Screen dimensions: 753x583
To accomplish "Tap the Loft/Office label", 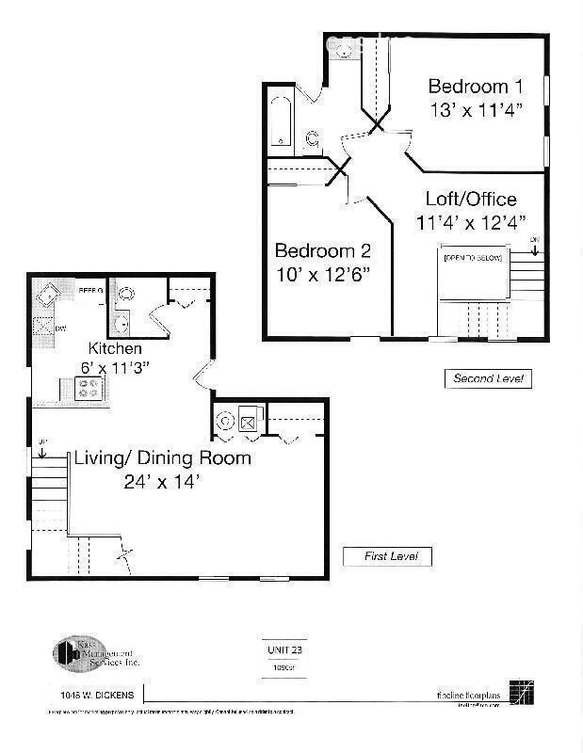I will point(471,199).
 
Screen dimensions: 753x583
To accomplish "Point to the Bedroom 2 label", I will point(322,251).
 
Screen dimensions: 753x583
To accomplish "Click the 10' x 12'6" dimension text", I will point(322,274).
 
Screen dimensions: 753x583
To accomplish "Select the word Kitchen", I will point(115,348).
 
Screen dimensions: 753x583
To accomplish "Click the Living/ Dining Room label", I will point(163,458).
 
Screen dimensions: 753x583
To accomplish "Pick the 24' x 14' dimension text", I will point(162,482).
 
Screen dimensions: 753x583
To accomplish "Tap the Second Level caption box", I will point(488,378).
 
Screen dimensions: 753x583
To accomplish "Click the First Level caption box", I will point(386,556).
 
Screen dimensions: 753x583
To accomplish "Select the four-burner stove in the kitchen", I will point(89,387).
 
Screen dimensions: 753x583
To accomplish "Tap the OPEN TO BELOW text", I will point(473,257).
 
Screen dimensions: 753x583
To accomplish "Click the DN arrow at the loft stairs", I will point(534,247).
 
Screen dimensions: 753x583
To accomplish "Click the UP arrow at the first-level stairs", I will point(41,448).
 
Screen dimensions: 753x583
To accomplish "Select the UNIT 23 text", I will point(277,649).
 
